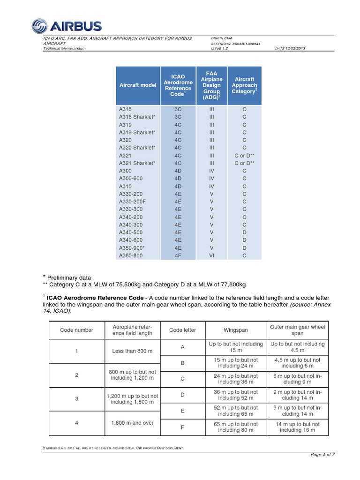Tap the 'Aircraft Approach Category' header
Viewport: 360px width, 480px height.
[244, 85]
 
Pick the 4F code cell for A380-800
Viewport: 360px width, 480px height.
[178, 255]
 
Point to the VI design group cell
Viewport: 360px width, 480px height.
[211, 255]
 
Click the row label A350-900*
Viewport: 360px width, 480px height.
[132, 247]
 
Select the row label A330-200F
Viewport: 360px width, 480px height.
[132, 202]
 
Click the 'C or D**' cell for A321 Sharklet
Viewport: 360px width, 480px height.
[244, 163]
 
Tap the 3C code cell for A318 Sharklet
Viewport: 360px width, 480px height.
[178, 117]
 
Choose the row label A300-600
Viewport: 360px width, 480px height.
[131, 179]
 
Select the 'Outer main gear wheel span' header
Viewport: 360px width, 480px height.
[297, 330]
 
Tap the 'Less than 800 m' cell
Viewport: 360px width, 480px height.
[132, 351]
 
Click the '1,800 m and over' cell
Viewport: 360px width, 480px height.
[132, 423]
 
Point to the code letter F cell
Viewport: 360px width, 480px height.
[182, 427]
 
